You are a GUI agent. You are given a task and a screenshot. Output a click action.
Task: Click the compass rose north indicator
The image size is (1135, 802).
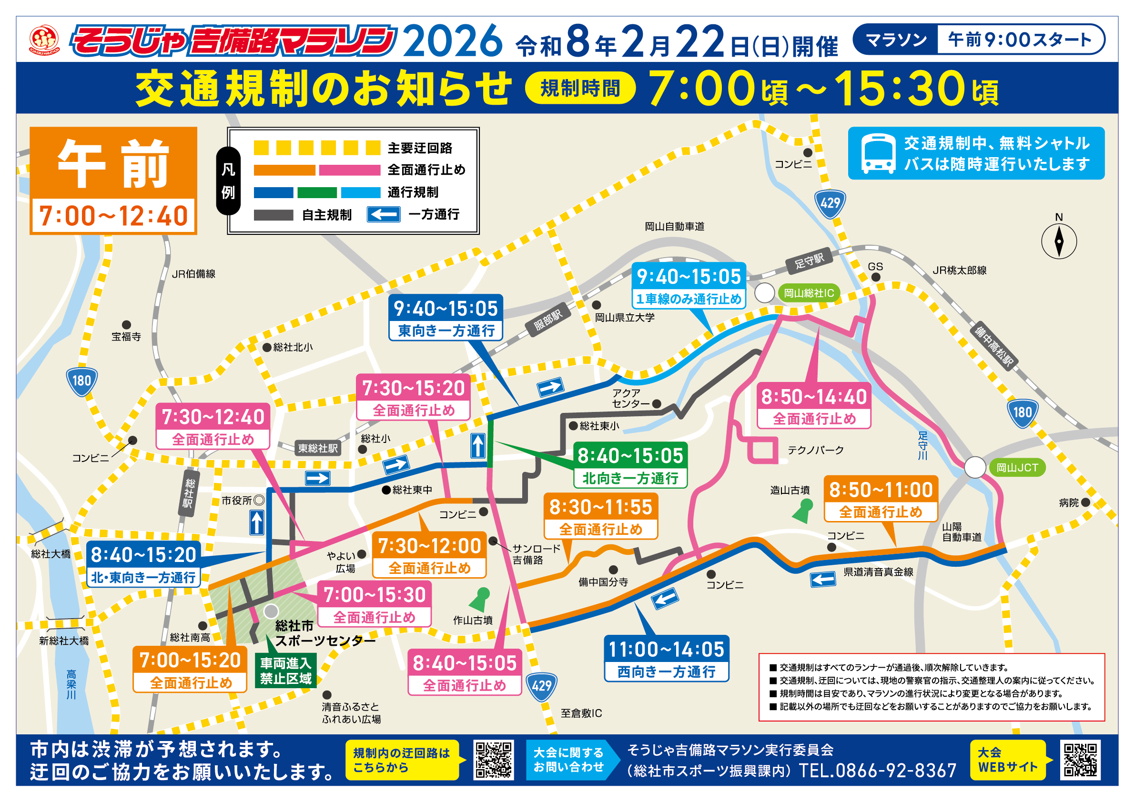pyautogui.click(x=1059, y=241)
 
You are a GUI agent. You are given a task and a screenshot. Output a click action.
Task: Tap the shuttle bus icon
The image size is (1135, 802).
pyautogui.click(x=878, y=154)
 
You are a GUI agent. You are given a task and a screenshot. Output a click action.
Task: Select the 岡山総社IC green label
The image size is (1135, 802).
pyautogui.click(x=809, y=293)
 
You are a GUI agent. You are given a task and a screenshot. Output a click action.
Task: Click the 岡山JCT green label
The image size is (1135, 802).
pyautogui.click(x=1017, y=468)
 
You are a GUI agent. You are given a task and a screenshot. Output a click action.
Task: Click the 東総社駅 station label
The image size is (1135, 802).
pyautogui.click(x=318, y=448)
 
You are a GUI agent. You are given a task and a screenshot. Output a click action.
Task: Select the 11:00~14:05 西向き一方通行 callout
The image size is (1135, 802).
pyautogui.click(x=666, y=659)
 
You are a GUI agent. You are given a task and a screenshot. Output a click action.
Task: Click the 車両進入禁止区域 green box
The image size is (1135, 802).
pyautogui.click(x=286, y=671)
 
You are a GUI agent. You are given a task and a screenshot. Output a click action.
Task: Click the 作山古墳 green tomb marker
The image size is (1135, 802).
pyautogui.click(x=479, y=599)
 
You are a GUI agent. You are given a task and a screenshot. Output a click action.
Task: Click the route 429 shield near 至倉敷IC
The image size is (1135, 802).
pyautogui.click(x=542, y=686)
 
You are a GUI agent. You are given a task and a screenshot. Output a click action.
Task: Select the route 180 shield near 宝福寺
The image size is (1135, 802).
pyautogui.click(x=81, y=381)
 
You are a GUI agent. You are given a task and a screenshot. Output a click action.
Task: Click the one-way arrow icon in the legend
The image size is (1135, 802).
pyautogui.click(x=383, y=214)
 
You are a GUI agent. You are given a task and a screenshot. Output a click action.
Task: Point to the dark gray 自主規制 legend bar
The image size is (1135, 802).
pyautogui.click(x=274, y=215)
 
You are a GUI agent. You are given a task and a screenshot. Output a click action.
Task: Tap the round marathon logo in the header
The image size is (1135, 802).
pyautogui.click(x=44, y=40)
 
